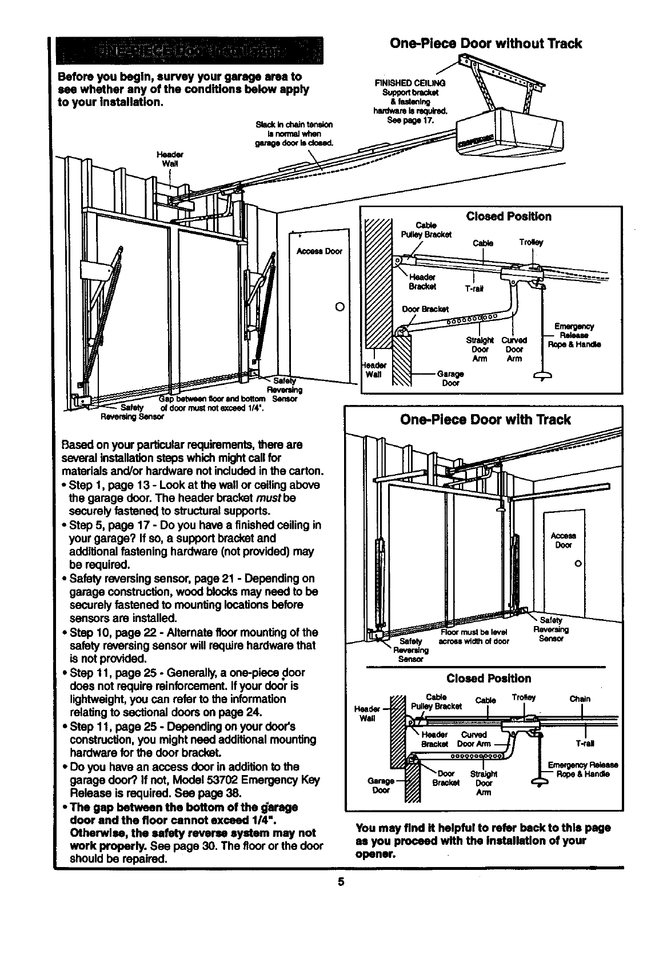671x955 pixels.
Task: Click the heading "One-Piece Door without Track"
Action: point(485,44)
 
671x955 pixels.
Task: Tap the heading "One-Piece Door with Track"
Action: point(484,420)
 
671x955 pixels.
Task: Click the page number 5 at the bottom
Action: point(341,881)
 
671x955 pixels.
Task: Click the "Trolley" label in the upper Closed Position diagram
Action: point(531,242)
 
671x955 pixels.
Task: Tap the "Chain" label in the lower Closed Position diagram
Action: point(580,699)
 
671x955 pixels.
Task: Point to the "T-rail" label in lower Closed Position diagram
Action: point(585,744)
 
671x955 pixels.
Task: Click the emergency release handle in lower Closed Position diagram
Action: point(538,781)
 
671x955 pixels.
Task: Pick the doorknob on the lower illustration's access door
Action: point(578,564)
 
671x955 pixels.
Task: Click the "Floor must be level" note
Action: point(474,632)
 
